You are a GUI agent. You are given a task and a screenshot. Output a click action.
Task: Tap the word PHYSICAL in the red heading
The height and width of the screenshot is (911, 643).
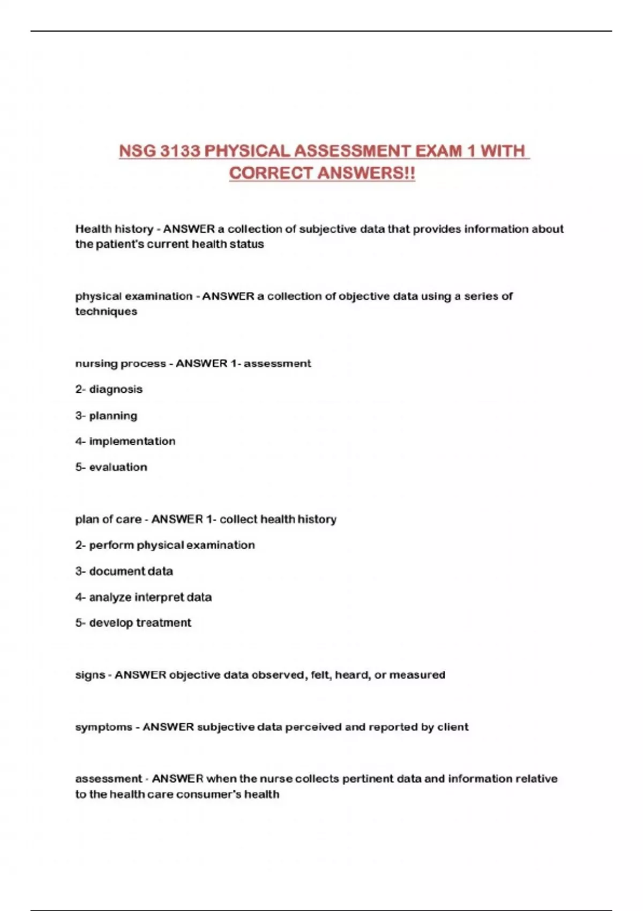coord(248,151)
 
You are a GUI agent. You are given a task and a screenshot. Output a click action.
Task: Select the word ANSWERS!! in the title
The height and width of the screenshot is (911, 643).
coord(367,174)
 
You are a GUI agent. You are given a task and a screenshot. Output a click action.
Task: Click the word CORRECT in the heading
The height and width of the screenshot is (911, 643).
coord(271,174)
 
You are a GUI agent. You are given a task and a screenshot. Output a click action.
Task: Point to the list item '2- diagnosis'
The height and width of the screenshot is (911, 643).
coord(109,389)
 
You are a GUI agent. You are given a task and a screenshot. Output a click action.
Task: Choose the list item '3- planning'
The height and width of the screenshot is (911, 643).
coord(106,415)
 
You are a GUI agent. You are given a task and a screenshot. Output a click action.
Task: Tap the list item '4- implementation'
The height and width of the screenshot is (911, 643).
coord(125,441)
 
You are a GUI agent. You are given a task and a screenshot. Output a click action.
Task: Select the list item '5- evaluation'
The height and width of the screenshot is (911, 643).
coord(111,467)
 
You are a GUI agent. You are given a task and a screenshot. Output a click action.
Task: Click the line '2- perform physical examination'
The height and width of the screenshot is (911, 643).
coord(165,545)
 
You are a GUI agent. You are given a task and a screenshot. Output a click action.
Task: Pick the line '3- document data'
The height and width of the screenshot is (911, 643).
coord(124,571)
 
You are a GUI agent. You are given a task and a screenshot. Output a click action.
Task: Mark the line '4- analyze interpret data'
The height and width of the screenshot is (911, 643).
coord(143,597)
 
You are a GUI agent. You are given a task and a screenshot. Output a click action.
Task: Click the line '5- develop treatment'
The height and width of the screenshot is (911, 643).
coord(133,623)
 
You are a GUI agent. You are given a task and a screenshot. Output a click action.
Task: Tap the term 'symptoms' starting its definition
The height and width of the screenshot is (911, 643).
coord(103,727)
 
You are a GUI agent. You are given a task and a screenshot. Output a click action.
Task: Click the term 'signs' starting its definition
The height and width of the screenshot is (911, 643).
coord(90,675)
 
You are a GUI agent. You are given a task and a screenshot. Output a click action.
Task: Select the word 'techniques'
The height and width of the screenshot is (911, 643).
coord(106,311)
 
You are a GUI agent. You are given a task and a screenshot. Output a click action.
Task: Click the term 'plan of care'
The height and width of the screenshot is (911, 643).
coord(108,519)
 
